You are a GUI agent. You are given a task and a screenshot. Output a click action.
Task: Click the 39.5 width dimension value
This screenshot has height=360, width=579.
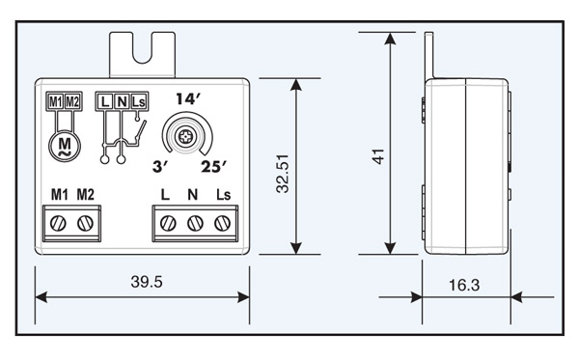coord(147,282)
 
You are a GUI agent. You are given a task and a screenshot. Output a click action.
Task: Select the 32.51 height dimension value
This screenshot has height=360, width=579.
coord(283,174)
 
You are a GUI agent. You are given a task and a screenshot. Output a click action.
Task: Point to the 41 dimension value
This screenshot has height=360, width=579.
coord(378,156)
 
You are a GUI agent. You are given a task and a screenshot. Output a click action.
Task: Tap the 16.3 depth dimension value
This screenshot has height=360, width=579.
coord(464,285)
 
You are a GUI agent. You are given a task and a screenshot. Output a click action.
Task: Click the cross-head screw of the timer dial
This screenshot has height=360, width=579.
coord(184,137)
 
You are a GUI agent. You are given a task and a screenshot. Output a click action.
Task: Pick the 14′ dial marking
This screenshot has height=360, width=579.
coord(188,99)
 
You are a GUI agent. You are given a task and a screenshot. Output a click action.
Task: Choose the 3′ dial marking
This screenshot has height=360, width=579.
coord(160,167)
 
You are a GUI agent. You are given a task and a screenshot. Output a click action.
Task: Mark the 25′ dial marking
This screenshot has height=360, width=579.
coord(214,167)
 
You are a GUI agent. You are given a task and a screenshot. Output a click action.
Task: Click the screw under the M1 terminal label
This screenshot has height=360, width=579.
coord(58,223)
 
